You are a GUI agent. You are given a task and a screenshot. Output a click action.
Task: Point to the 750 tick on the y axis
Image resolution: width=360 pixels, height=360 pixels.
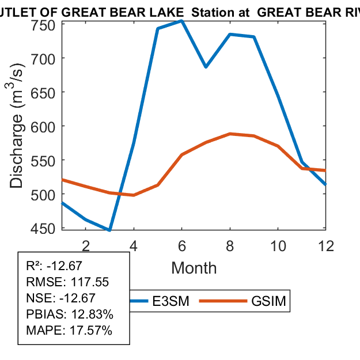click(x=47, y=24)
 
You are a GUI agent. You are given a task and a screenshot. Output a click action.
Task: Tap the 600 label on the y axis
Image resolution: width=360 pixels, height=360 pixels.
click(x=47, y=126)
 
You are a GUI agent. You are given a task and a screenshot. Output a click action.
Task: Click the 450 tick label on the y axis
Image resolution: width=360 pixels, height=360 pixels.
click(x=47, y=228)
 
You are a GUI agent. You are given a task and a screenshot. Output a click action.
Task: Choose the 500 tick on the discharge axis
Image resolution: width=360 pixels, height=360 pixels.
click(x=47, y=194)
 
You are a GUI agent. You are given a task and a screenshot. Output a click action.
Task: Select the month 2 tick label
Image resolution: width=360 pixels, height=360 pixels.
click(x=86, y=247)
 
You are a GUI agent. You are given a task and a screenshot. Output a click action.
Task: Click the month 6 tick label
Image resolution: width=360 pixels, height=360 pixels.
click(x=182, y=247)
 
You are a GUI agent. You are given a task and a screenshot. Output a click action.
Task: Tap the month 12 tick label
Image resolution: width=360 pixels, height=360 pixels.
click(x=326, y=247)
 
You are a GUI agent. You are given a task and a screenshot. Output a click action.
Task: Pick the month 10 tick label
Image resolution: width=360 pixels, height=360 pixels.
click(x=278, y=247)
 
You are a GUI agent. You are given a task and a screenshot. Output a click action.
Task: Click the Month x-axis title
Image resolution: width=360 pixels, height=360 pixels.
click(x=194, y=268)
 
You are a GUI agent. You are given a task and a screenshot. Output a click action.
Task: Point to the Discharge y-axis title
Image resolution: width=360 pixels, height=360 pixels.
click(x=18, y=132)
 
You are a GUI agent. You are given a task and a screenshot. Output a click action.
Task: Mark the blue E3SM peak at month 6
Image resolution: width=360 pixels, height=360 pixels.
click(x=181, y=21)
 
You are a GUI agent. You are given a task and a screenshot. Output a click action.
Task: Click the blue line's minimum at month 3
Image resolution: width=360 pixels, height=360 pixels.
click(x=109, y=230)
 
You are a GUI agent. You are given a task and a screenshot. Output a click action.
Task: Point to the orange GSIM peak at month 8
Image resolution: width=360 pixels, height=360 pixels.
click(x=230, y=134)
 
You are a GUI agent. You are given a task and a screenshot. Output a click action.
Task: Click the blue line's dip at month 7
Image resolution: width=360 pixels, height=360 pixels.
click(x=206, y=67)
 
